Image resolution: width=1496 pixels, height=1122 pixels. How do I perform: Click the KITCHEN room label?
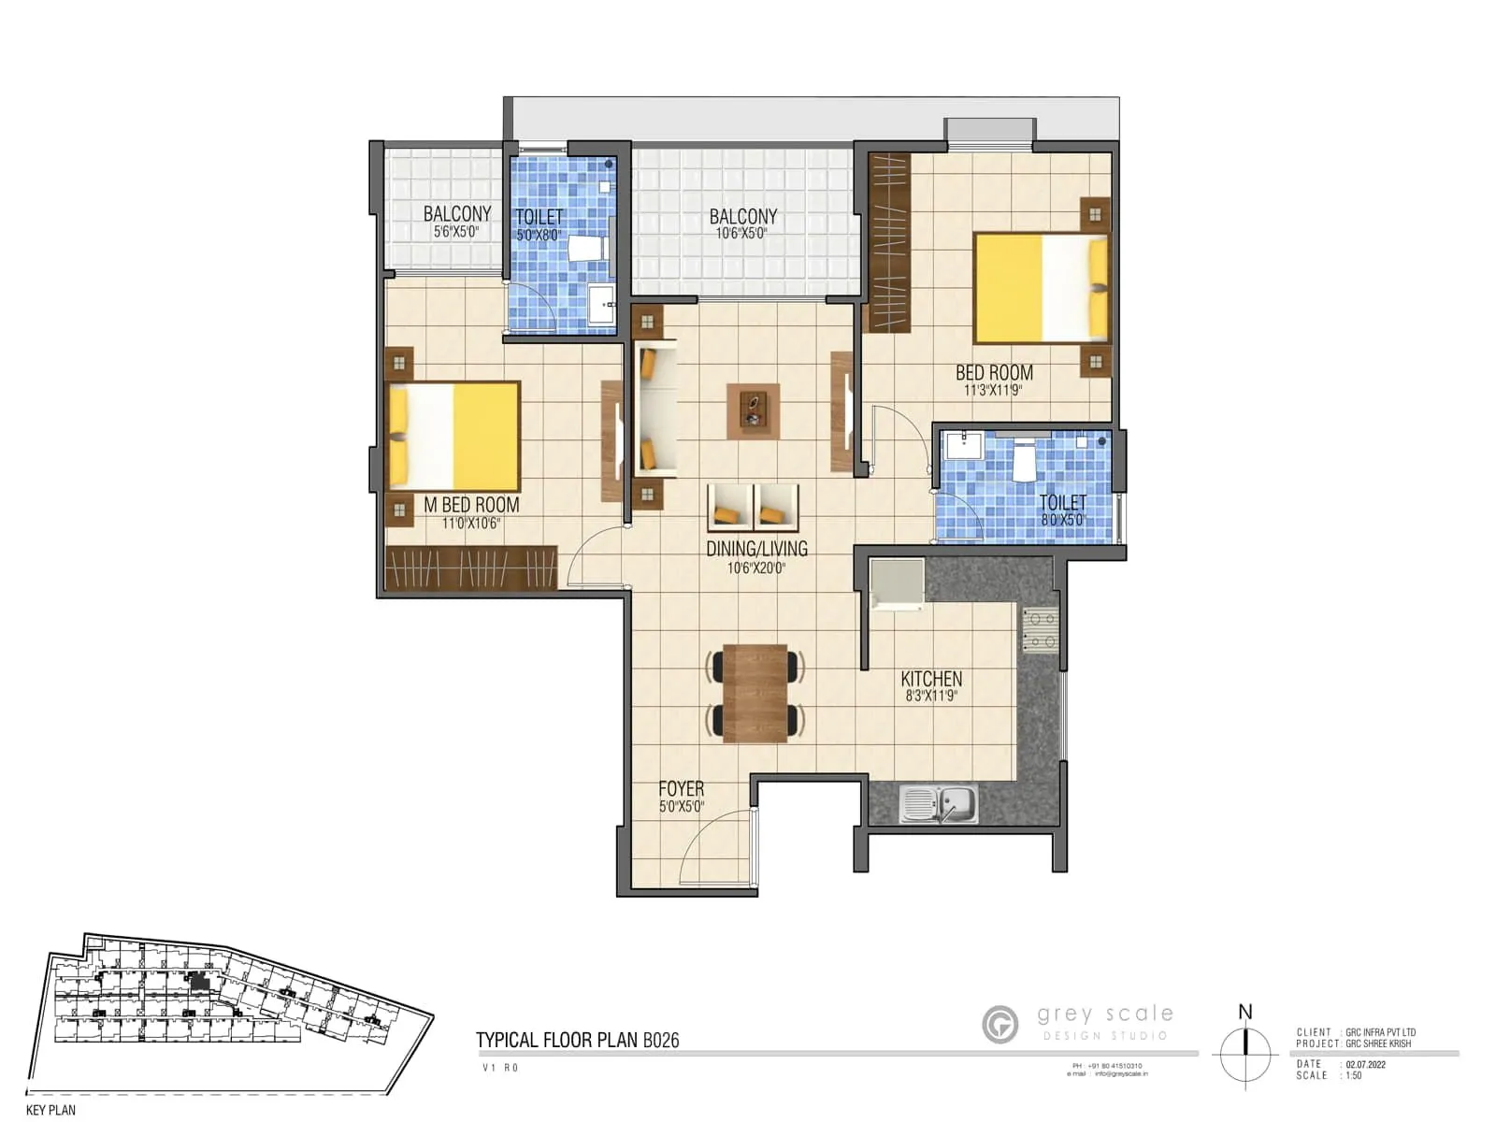931,679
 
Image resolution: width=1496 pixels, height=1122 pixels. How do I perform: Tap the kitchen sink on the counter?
938,804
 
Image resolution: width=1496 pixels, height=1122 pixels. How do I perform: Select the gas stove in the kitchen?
1039,628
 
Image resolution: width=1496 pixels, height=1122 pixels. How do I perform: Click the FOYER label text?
681,788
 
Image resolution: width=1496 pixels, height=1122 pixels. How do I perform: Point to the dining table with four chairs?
755,693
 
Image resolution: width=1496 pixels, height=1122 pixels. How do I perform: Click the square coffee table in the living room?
753,410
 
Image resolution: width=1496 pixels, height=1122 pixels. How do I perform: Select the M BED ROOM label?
471,505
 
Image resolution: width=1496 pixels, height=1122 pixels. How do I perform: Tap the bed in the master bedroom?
454,436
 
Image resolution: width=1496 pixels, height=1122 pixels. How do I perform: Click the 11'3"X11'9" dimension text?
993,390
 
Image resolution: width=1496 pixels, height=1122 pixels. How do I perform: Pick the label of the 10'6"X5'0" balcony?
743,216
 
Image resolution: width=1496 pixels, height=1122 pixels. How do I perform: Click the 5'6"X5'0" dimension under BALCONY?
456,231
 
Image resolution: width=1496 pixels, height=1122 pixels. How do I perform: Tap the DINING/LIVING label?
756,549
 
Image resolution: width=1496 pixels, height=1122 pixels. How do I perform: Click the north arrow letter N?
1244,1012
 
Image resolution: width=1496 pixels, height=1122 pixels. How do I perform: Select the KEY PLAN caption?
50,1110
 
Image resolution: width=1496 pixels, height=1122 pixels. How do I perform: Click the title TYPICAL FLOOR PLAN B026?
577,1040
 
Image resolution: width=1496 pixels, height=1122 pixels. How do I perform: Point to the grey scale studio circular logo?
1000,1024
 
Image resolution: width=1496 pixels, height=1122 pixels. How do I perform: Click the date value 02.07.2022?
1365,1064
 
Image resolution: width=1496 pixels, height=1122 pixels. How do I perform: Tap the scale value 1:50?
1353,1075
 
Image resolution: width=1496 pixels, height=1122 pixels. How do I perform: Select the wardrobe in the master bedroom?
471,568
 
